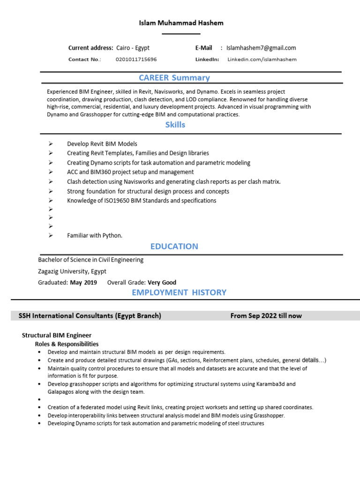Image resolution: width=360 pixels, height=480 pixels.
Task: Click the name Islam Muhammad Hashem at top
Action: pyautogui.click(x=181, y=23)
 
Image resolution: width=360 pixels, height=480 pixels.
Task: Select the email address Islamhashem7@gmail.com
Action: pyautogui.click(x=261, y=48)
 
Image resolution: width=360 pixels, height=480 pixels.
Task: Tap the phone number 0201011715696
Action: pyautogui.click(x=136, y=60)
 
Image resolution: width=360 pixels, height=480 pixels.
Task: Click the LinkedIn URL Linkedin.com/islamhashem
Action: pyautogui.click(x=262, y=60)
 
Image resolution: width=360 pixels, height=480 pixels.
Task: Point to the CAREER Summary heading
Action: pyautogui.click(x=174, y=78)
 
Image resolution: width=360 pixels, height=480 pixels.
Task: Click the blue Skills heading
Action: pyautogui.click(x=175, y=125)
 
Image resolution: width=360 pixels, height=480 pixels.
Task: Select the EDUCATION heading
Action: pyautogui.click(x=174, y=246)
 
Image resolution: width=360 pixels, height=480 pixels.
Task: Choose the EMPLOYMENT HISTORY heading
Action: pyautogui.click(x=179, y=292)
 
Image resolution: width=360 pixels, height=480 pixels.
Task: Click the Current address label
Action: pyautogui.click(x=90, y=48)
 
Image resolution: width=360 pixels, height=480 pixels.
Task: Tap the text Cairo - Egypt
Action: pyautogui.click(x=133, y=48)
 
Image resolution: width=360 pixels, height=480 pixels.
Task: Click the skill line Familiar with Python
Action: pyautogui.click(x=95, y=235)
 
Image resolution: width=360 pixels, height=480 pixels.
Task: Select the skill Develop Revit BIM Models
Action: pyautogui.click(x=102, y=144)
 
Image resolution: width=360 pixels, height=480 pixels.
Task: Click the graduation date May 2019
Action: pyautogui.click(x=83, y=282)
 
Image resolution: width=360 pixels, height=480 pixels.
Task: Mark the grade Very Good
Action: pyautogui.click(x=162, y=282)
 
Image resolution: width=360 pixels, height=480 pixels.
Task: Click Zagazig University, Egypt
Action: pyautogui.click(x=72, y=271)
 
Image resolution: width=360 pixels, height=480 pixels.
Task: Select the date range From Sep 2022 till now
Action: pyautogui.click(x=266, y=316)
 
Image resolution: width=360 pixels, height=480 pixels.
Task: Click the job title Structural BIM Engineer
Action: pyautogui.click(x=57, y=335)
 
